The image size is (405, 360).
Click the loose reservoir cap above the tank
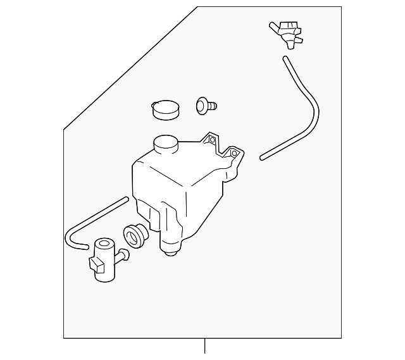165,109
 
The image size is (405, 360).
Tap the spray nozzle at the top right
288,32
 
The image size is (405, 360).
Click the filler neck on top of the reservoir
165,144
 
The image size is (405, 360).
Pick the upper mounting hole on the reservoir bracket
213,140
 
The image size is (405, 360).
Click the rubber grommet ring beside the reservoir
135,235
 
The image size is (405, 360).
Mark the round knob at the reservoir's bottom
169,253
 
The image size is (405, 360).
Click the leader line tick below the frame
204,347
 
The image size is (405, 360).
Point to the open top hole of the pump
103,243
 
